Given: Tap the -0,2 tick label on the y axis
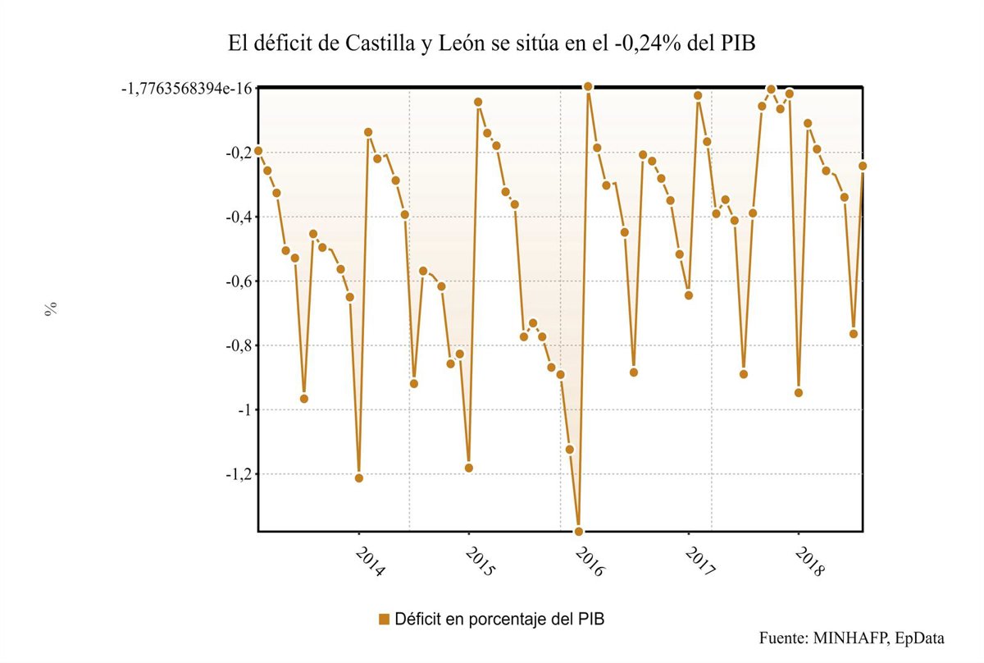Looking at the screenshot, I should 237,153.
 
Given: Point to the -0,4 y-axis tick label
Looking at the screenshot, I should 237,217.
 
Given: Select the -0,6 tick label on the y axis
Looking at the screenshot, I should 237,281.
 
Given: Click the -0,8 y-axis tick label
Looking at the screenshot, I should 237,345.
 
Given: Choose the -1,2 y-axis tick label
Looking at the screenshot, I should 237,473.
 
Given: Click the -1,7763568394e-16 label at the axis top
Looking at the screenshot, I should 187,89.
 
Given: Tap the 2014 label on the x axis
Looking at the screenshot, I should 370,562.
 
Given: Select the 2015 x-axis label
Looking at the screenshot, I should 480,562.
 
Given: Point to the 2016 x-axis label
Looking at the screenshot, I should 590,562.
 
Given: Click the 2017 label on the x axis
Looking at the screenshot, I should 699,562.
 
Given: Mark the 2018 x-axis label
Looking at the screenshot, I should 809,562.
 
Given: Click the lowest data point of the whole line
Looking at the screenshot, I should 579,531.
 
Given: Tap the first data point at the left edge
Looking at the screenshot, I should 258,151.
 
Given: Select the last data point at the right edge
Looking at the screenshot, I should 863,166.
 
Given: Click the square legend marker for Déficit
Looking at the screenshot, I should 384,619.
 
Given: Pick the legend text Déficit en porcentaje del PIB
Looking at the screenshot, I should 499,619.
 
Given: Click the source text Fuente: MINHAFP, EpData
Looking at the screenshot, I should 852,638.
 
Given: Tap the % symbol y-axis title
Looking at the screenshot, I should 51,309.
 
